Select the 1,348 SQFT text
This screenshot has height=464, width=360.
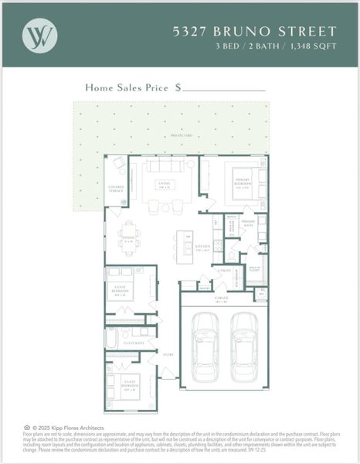[318, 46]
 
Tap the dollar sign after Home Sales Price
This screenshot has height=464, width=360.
[178, 88]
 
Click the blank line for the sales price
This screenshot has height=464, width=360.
[224, 90]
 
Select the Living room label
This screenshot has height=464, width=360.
[164, 184]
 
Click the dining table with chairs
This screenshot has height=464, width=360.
[128, 236]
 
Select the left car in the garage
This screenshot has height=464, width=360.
[206, 346]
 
